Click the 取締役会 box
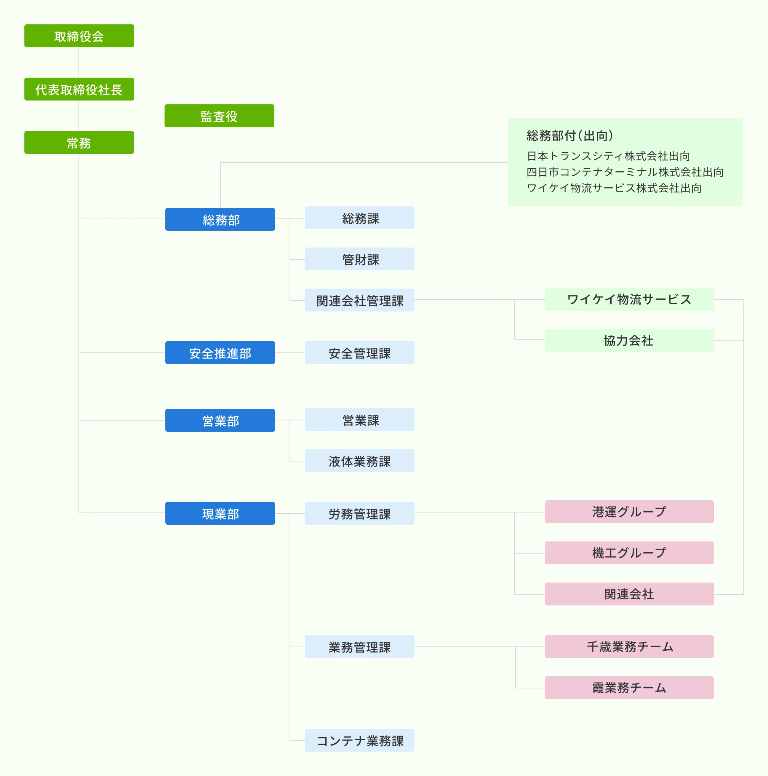coord(79,36)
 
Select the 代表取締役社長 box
coord(79,89)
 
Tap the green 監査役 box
coord(219,116)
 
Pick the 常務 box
coord(79,142)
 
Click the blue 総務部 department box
coord(220,219)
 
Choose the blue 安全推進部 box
coord(220,353)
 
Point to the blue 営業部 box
coord(220,420)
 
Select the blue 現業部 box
coord(220,513)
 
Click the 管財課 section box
coord(360,259)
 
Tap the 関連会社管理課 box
coord(360,300)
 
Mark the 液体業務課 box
coord(360,461)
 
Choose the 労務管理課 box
coord(360,513)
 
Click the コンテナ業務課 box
coord(360,740)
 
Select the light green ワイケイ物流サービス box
coord(629,299)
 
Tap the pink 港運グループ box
coord(629,512)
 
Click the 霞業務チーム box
coord(629,688)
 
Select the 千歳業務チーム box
coord(629,646)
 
